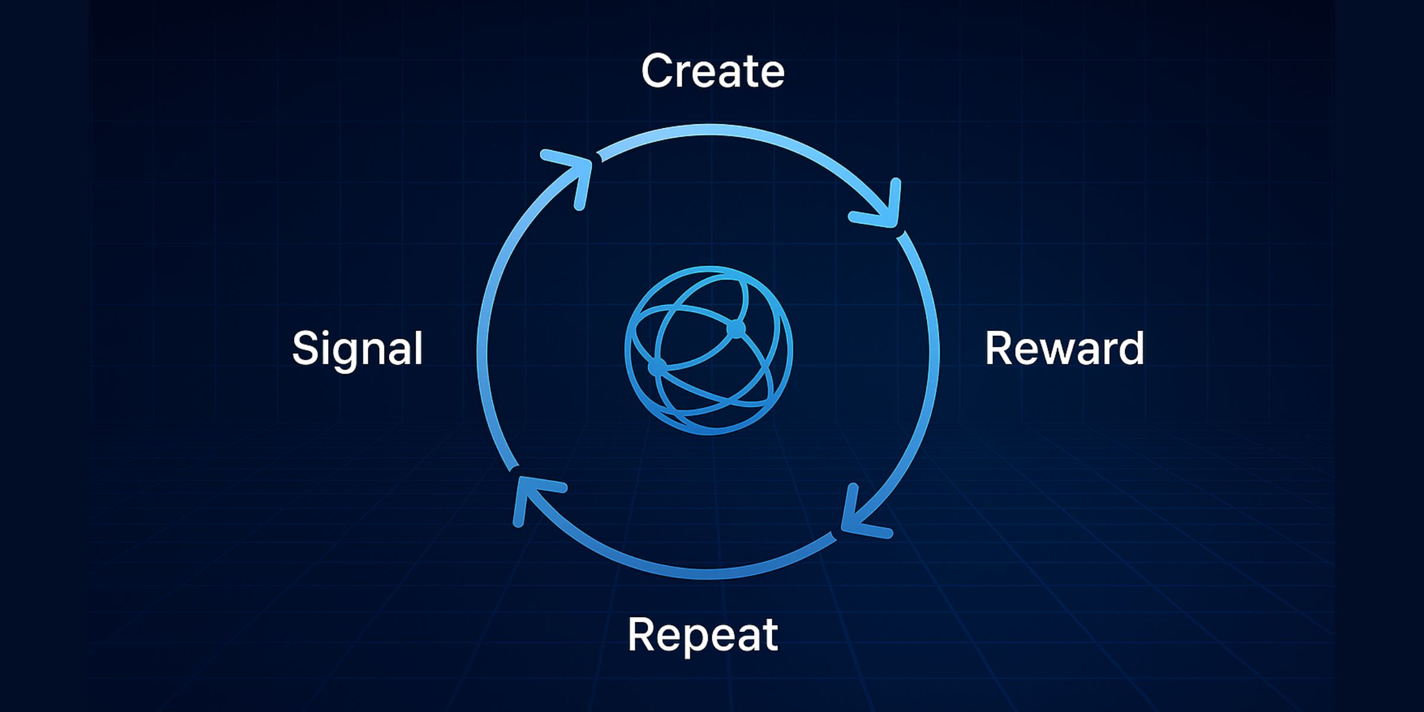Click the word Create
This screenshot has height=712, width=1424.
click(x=713, y=71)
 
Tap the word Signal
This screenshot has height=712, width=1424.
click(x=357, y=349)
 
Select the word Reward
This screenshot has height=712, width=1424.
click(x=1064, y=349)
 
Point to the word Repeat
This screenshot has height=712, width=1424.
click(x=703, y=635)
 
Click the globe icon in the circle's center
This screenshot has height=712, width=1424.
click(x=708, y=350)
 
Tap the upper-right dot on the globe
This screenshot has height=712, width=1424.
click(x=736, y=328)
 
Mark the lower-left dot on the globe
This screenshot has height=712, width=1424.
click(x=657, y=367)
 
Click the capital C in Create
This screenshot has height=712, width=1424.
click(x=659, y=71)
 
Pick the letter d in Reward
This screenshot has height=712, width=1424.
click(x=1129, y=349)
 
